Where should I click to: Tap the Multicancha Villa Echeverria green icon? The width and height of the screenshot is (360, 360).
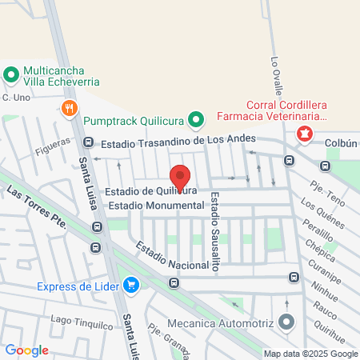[12, 76]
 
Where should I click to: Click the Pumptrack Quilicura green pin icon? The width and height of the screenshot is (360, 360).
[194, 121]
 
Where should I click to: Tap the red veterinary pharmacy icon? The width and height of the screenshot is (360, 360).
[304, 133]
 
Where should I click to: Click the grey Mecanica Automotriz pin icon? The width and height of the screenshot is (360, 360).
[287, 323]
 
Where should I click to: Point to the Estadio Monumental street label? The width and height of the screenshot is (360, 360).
[156, 206]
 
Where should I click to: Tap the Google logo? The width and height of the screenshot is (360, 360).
[26, 350]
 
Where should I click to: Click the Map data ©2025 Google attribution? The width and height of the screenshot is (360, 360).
[311, 354]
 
